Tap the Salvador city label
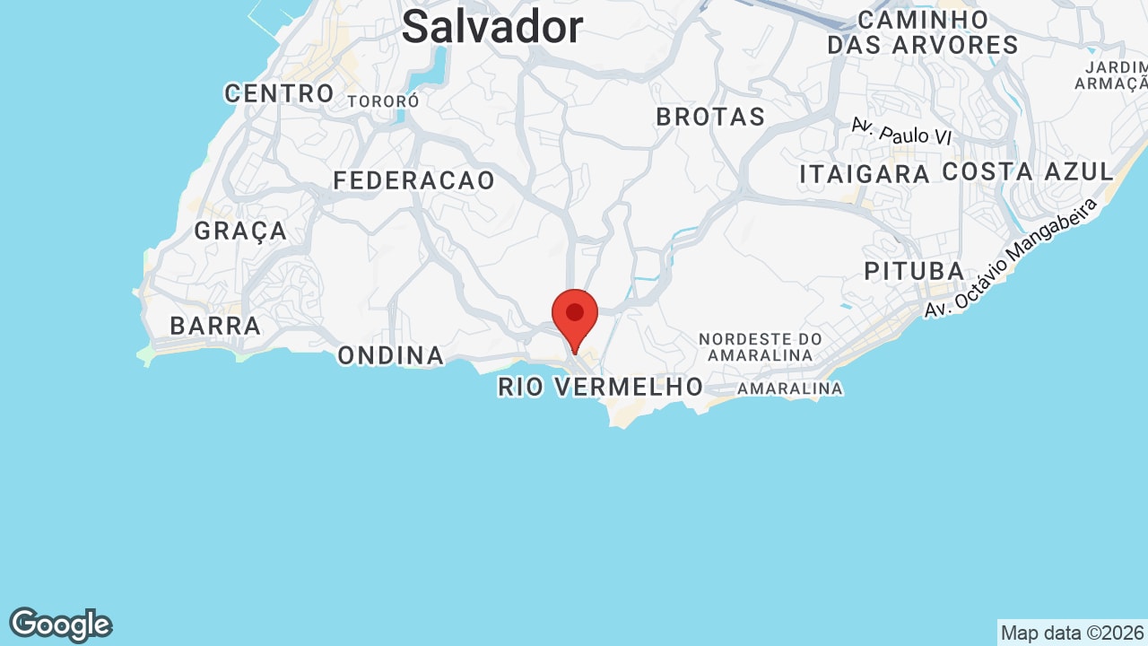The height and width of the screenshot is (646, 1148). [492, 27]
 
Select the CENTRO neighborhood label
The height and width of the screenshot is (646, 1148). [279, 93]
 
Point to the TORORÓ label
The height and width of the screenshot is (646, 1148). [383, 101]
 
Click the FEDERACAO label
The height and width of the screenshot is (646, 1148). [413, 180]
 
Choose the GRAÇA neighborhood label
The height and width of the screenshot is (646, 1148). [240, 231]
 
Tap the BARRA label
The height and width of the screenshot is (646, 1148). [215, 326]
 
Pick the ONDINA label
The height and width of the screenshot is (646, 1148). [390, 356]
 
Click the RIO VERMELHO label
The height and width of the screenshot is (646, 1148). [600, 388]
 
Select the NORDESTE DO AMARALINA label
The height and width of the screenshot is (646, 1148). [761, 346]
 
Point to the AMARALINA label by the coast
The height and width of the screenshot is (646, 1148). [790, 388]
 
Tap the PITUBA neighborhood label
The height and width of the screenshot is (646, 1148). [914, 271]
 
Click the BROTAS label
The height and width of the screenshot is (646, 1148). [710, 117]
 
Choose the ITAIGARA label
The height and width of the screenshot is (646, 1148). [864, 174]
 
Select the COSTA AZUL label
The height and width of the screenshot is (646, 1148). [1027, 171]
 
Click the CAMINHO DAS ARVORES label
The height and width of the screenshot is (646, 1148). [923, 32]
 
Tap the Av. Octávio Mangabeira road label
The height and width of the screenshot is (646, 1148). [1012, 258]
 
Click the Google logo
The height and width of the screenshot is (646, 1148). [60, 624]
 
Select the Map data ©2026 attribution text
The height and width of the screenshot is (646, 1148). [1072, 633]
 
